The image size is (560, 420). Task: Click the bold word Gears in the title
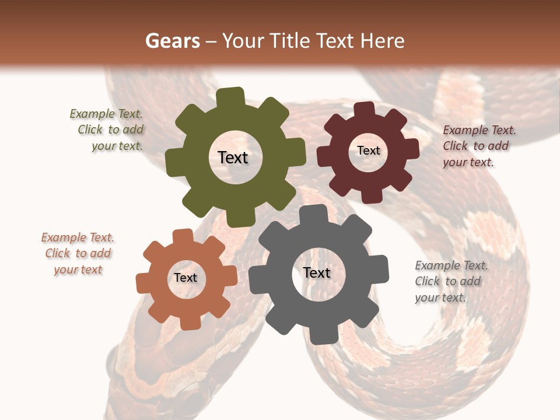(172, 41)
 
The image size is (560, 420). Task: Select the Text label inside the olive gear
(233, 157)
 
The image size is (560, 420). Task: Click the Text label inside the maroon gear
(368, 150)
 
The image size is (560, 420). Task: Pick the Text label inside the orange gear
(185, 278)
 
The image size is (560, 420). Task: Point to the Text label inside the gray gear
(317, 272)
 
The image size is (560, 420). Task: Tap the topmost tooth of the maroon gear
(365, 110)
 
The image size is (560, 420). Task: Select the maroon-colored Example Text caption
(478, 146)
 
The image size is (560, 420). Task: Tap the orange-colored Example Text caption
(78, 253)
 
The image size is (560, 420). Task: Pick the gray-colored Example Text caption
(450, 281)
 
